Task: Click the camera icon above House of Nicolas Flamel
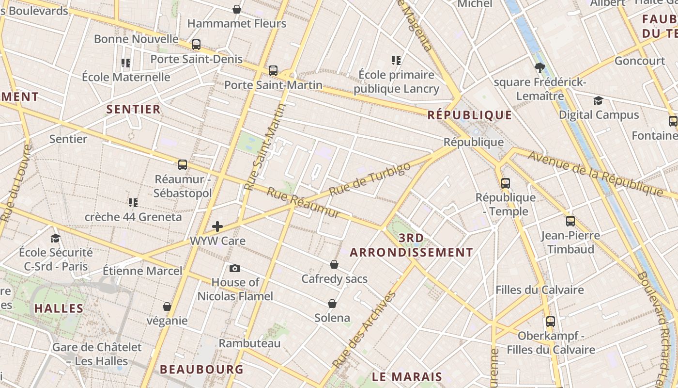pyautogui.click(x=234, y=268)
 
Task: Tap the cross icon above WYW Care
pyautogui.click(x=217, y=226)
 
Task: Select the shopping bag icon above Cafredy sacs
pyautogui.click(x=334, y=264)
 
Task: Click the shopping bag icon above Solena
pyautogui.click(x=332, y=304)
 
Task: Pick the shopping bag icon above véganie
pyautogui.click(x=167, y=307)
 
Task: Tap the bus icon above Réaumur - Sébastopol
pyautogui.click(x=183, y=165)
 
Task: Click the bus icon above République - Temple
pyautogui.click(x=506, y=183)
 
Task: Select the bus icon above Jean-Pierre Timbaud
pyautogui.click(x=570, y=221)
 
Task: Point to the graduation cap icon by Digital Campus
pyautogui.click(x=599, y=100)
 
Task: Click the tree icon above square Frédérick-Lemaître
pyautogui.click(x=539, y=68)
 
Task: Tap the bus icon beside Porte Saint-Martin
pyautogui.click(x=273, y=71)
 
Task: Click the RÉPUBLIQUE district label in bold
pyautogui.click(x=469, y=115)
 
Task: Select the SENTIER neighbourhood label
pyautogui.click(x=133, y=109)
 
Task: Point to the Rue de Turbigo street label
pyautogui.click(x=370, y=179)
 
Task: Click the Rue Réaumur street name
pyautogui.click(x=304, y=203)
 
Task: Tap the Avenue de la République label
pyautogui.click(x=595, y=173)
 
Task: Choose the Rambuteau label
pyautogui.click(x=249, y=343)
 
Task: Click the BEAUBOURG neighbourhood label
pyautogui.click(x=201, y=369)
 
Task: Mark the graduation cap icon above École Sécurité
pyautogui.click(x=56, y=238)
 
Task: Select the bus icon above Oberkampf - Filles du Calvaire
pyautogui.click(x=551, y=321)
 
